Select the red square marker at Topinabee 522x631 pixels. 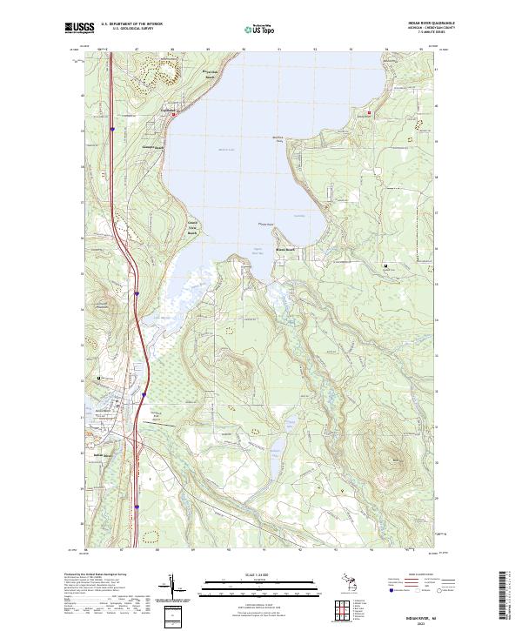click(x=173, y=113)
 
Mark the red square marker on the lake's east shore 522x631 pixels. click(x=370, y=113)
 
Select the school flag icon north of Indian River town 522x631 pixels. click(x=100, y=377)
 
